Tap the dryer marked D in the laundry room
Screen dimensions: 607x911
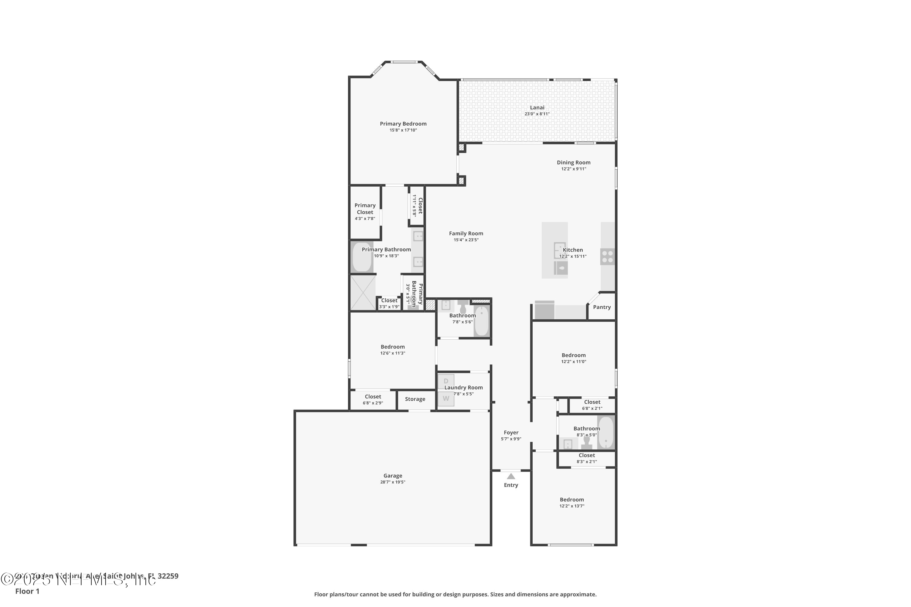pyautogui.click(x=446, y=381)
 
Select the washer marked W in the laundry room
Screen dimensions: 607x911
pyautogui.click(x=446, y=398)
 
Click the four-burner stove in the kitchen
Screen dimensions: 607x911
pyautogui.click(x=607, y=257)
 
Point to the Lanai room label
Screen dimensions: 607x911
pyautogui.click(x=537, y=108)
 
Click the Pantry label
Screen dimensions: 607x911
pyautogui.click(x=602, y=307)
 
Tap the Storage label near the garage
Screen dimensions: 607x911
pyautogui.click(x=415, y=399)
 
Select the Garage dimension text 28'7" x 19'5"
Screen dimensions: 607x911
pyautogui.click(x=393, y=482)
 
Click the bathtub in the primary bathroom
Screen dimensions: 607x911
pyautogui.click(x=362, y=257)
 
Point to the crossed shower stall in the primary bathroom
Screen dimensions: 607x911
pyautogui.click(x=363, y=292)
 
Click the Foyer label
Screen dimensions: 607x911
pyautogui.click(x=511, y=432)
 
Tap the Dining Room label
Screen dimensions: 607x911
pyautogui.click(x=574, y=163)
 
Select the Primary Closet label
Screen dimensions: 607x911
pyautogui.click(x=365, y=209)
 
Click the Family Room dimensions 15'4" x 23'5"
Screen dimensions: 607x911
pyautogui.click(x=466, y=240)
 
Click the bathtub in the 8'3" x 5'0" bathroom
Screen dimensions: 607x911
pyautogui.click(x=606, y=432)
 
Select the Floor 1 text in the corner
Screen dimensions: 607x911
pyautogui.click(x=27, y=591)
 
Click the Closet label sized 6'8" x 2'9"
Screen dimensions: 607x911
pyautogui.click(x=373, y=396)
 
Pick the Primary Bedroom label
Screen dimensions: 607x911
pyautogui.click(x=403, y=124)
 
